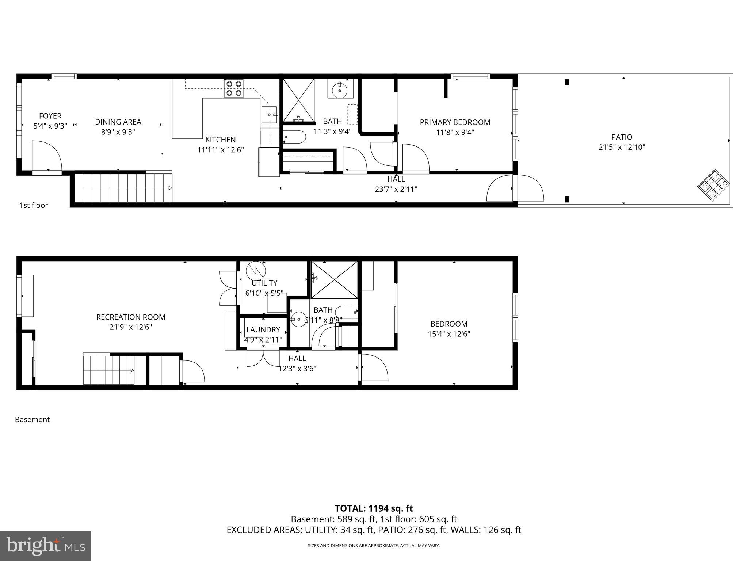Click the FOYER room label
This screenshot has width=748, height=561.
tap(50, 116)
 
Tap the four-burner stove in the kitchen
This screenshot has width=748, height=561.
tap(234, 88)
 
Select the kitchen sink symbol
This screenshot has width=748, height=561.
tap(270, 115)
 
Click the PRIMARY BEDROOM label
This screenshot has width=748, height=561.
tap(455, 122)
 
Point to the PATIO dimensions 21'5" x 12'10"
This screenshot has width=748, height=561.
tap(622, 147)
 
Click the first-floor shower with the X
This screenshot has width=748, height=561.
tap(299, 100)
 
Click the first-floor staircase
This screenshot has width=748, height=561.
tap(127, 188)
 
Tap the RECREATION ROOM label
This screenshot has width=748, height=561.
tap(130, 317)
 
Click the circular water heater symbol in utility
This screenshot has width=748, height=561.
tap(256, 271)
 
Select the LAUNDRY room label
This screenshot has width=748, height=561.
tap(263, 330)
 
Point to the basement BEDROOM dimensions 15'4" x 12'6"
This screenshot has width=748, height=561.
tap(449, 334)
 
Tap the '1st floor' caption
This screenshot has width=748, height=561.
tap(34, 205)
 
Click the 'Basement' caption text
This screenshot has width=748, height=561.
tap(32, 420)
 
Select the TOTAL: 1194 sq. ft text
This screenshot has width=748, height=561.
tap(374, 508)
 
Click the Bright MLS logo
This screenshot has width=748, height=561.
tap(46, 546)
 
